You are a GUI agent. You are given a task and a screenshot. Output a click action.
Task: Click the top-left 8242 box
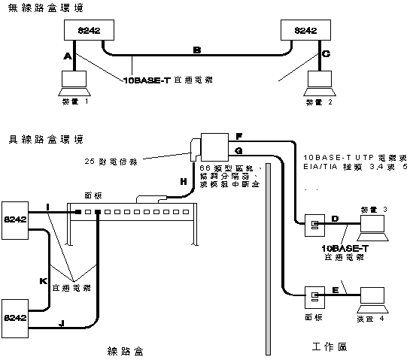90,30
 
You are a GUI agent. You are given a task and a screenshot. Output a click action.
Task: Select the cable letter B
197,50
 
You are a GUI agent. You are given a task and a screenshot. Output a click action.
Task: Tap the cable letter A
68,56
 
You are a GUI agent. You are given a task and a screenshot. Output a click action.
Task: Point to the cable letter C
325,55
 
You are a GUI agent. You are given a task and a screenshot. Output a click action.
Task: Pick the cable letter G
238,151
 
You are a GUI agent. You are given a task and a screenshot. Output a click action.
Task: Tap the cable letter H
182,181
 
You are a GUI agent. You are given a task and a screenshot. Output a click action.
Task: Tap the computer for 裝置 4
375,295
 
